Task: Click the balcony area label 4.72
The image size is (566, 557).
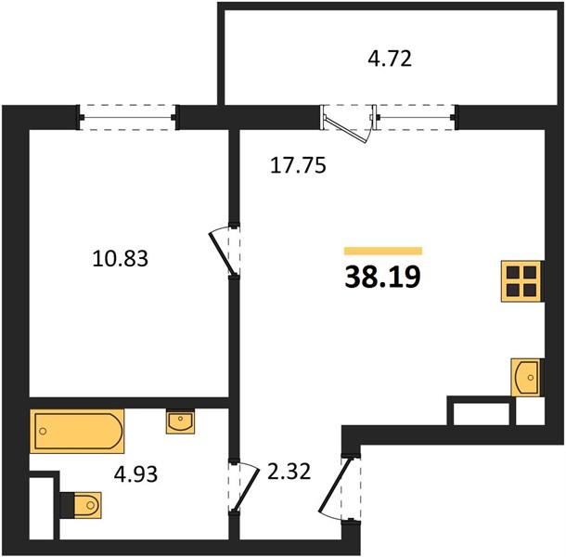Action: (x=390, y=58)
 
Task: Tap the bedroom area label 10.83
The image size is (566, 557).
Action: (x=121, y=259)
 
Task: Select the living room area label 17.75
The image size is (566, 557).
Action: (x=298, y=165)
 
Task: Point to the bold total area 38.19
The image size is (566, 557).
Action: (x=383, y=277)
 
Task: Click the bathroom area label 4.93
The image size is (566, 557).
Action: (x=135, y=474)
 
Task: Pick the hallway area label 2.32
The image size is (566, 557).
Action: (x=289, y=472)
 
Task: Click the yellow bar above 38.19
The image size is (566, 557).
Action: (x=383, y=251)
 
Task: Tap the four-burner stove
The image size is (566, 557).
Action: (x=522, y=281)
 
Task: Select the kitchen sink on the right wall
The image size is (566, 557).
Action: (x=526, y=377)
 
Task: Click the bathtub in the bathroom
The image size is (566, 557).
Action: (x=77, y=431)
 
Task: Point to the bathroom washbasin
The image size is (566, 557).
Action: (x=180, y=421)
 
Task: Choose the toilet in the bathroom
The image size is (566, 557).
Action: (x=82, y=505)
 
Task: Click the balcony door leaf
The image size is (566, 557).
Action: (x=346, y=127)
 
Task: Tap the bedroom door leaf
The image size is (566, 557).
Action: (x=222, y=253)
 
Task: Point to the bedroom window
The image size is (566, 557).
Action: (x=128, y=117)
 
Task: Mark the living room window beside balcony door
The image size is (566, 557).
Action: (x=416, y=117)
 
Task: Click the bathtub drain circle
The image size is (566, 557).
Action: (x=43, y=431)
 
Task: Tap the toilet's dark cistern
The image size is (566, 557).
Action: (x=68, y=505)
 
